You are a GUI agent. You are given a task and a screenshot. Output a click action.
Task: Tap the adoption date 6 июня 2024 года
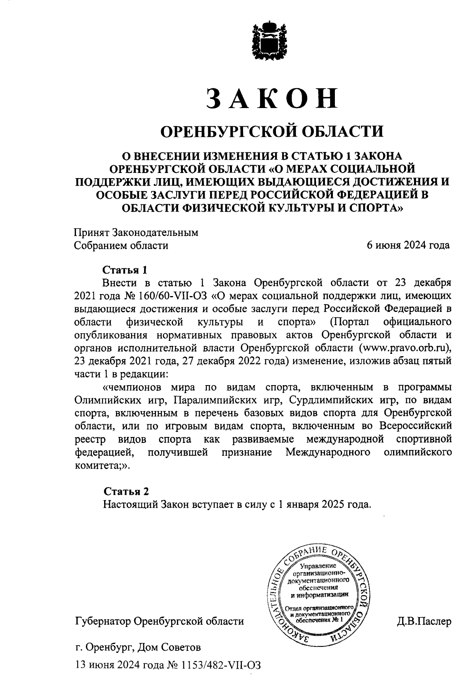coord(408,245)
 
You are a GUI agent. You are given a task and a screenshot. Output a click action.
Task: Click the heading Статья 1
coord(125,270)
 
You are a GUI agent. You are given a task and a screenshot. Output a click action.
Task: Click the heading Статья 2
coord(126,492)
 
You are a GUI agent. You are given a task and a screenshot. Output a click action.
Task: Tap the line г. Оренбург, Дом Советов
coord(138,648)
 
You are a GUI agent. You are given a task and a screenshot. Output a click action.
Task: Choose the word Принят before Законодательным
coord(92,233)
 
